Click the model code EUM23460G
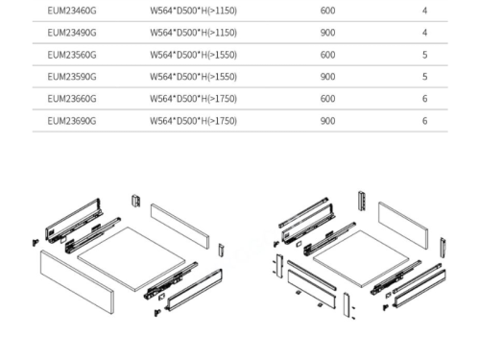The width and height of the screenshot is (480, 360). [x=72, y=11]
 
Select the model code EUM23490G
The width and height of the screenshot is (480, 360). [x=72, y=33]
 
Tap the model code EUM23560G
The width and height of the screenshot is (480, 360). [x=72, y=55]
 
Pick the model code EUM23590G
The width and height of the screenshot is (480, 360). [x=72, y=77]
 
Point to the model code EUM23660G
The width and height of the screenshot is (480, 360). [x=72, y=99]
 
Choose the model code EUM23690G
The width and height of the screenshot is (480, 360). [x=72, y=121]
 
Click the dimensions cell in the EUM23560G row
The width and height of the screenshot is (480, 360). [x=194, y=55]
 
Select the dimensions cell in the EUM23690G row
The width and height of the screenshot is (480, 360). [x=194, y=121]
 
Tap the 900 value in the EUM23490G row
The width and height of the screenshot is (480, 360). [x=327, y=33]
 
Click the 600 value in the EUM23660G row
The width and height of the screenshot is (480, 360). [x=327, y=99]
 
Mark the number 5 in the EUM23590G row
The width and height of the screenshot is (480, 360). [x=424, y=77]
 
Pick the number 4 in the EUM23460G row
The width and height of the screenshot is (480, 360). [x=424, y=11]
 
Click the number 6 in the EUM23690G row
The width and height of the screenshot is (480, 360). [x=424, y=121]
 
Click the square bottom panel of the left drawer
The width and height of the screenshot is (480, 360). [x=132, y=258]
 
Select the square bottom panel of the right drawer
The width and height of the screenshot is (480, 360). [x=361, y=258]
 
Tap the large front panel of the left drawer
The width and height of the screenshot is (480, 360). [x=77, y=281]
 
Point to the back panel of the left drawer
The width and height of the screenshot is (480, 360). [x=180, y=226]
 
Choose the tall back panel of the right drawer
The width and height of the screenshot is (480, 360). [x=403, y=226]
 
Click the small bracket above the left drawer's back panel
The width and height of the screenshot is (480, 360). [x=136, y=201]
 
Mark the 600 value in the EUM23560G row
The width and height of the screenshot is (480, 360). [x=327, y=55]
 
